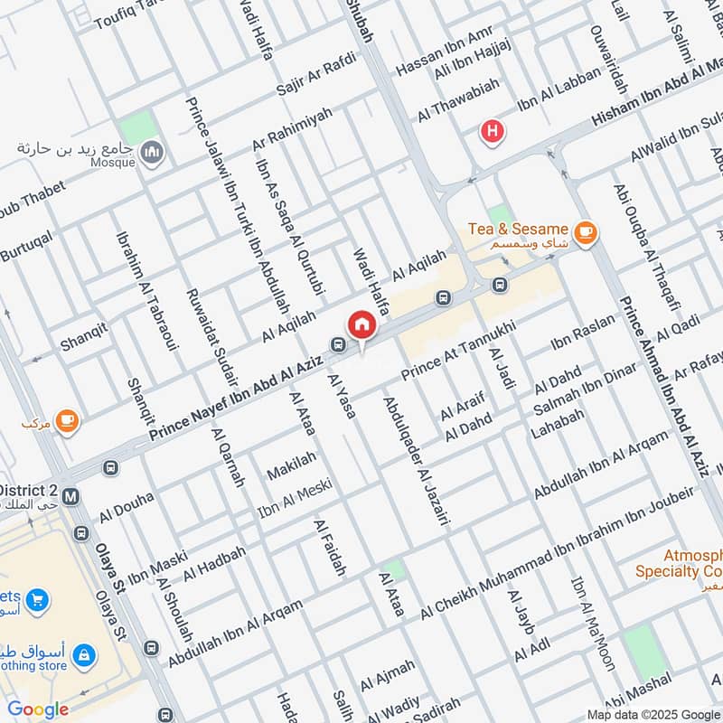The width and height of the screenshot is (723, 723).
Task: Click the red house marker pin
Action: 361,324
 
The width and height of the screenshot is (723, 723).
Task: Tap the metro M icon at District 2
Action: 71,496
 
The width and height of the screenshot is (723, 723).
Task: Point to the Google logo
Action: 38,709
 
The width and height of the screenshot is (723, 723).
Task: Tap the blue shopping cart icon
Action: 37,598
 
